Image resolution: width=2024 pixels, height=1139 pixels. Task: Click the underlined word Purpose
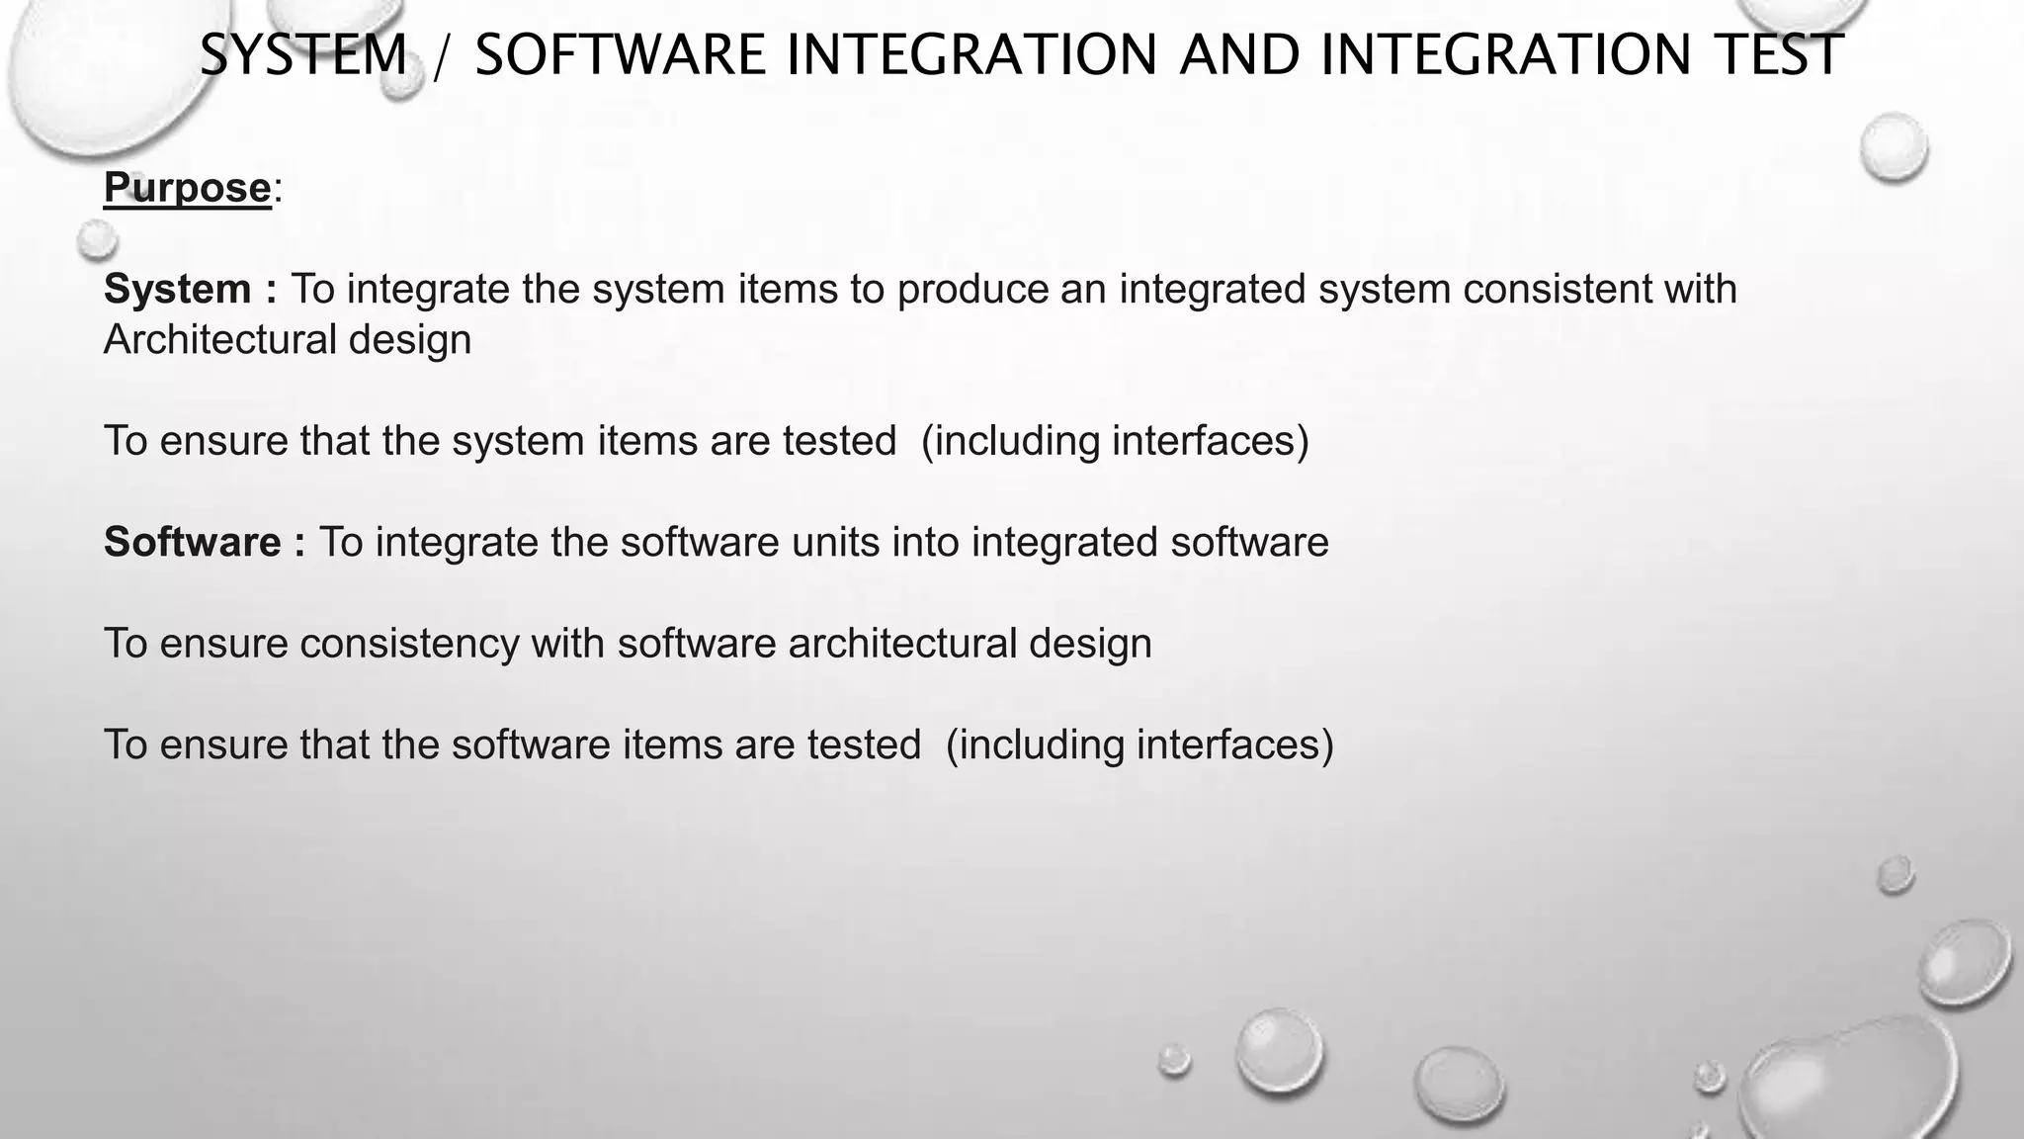(187, 188)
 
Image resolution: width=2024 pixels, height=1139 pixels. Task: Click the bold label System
(178, 290)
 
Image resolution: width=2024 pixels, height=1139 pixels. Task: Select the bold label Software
(193, 543)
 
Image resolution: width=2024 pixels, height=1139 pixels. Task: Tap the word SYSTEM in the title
(303, 55)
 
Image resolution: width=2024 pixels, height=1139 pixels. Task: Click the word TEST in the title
(1779, 55)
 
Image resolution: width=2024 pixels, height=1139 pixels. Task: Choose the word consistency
(409, 644)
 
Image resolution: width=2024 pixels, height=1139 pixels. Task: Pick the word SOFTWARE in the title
(620, 55)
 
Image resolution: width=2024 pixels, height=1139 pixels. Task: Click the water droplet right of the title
(1893, 146)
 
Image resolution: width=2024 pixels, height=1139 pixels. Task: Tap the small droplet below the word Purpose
(97, 238)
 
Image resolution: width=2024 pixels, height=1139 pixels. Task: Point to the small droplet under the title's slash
(400, 83)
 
